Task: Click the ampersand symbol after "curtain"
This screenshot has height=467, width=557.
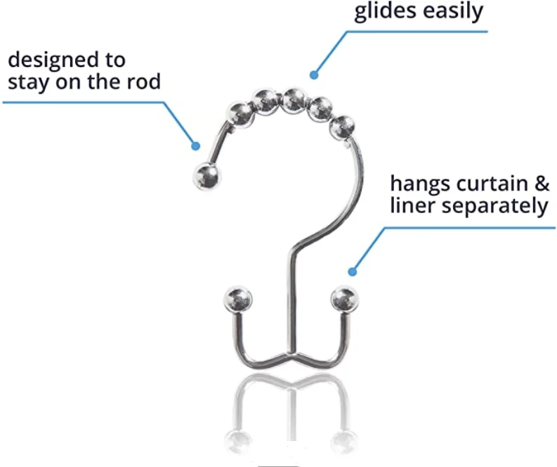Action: pyautogui.click(x=541, y=185)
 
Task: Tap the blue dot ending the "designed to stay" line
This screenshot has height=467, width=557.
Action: pyautogui.click(x=196, y=146)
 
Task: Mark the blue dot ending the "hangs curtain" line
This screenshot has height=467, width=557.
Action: pyautogui.click(x=352, y=271)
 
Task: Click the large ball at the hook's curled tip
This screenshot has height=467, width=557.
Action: pyautogui.click(x=205, y=177)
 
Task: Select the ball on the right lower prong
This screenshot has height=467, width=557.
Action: pyautogui.click(x=344, y=300)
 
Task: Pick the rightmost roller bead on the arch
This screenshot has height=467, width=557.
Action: pyautogui.click(x=342, y=127)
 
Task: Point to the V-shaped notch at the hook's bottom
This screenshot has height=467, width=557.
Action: pyautogui.click(x=290, y=351)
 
